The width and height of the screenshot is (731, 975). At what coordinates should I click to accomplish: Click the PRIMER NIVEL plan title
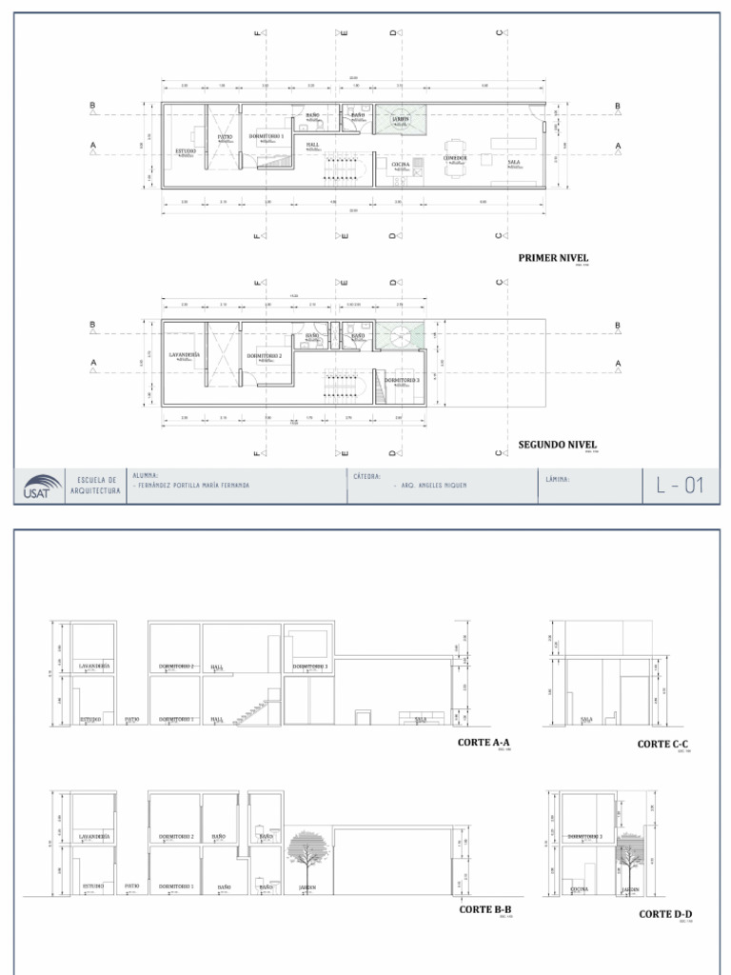click(x=553, y=257)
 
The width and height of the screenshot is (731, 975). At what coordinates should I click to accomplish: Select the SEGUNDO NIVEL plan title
click(x=558, y=444)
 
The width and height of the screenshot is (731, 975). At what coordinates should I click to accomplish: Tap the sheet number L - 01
click(x=680, y=486)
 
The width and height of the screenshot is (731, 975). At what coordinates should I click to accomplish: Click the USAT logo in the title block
click(x=39, y=487)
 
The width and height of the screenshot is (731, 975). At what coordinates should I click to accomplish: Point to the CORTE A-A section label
click(x=484, y=742)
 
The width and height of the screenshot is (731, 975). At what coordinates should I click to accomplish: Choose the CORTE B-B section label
click(x=486, y=909)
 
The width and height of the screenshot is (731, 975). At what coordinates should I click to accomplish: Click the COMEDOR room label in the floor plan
click(x=455, y=158)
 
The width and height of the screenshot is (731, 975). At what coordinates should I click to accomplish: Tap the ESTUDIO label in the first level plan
click(x=186, y=151)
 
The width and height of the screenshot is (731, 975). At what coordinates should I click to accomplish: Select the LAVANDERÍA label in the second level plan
click(x=184, y=354)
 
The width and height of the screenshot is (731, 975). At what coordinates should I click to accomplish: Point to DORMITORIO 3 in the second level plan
click(x=402, y=379)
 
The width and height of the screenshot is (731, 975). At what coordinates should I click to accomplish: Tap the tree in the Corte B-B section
click(x=306, y=854)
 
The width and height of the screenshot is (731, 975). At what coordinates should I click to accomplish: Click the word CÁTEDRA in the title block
click(x=367, y=475)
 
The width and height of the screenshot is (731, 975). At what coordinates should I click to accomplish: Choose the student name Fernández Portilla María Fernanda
click(x=193, y=486)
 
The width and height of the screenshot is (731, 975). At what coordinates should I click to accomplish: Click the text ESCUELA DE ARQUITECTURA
click(x=95, y=485)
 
